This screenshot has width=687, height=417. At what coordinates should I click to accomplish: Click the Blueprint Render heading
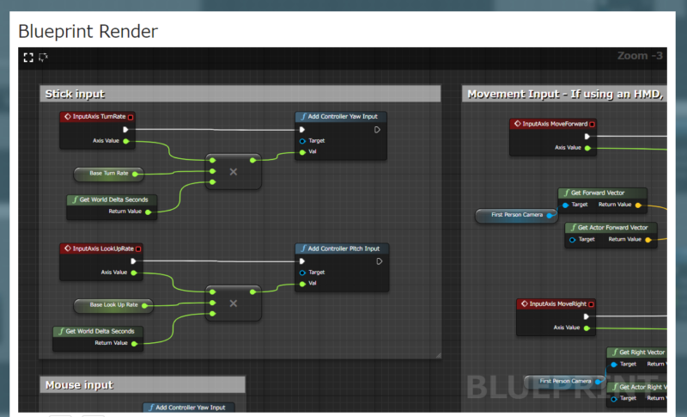(x=88, y=32)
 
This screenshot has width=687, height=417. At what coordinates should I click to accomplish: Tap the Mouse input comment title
(x=79, y=384)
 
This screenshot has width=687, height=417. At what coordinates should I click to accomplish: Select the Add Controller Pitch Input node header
(x=342, y=248)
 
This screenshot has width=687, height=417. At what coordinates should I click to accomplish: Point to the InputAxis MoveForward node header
(x=553, y=124)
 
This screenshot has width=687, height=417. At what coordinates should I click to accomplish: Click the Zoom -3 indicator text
(x=640, y=56)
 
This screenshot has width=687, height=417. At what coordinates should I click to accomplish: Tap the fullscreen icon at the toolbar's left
(x=28, y=57)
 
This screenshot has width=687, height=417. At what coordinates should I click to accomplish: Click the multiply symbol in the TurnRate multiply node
(x=233, y=172)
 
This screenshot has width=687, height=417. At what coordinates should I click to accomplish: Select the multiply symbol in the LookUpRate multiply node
(x=233, y=303)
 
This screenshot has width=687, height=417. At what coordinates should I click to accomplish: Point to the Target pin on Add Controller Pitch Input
(x=302, y=273)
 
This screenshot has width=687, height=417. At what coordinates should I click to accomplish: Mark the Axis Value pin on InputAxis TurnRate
(x=126, y=141)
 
